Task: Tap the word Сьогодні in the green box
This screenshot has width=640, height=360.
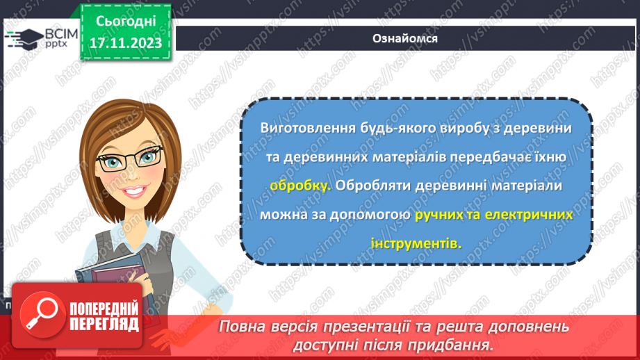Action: point(125,22)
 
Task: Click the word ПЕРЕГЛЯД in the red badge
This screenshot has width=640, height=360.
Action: point(104,324)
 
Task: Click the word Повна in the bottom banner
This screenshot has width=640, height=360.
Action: point(240,327)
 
